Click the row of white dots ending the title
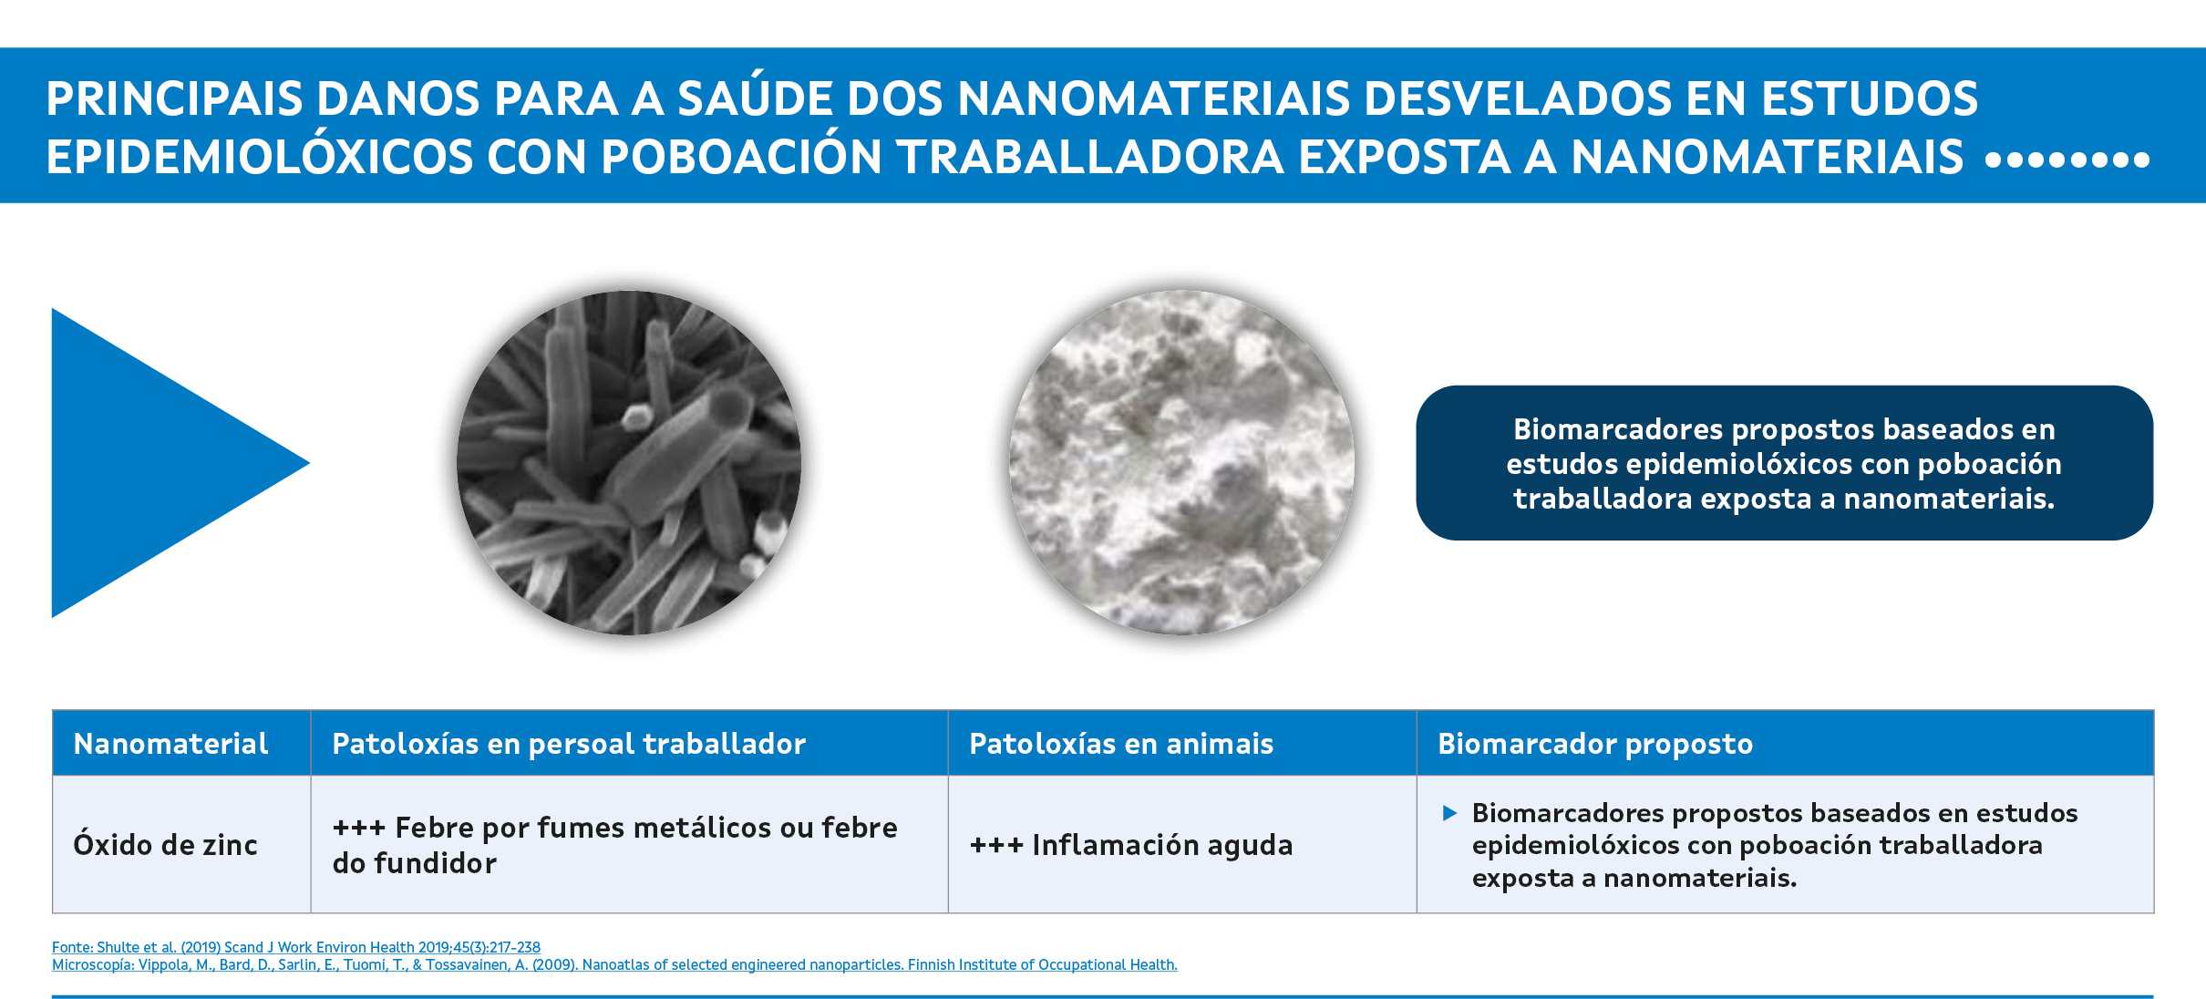coord(2067,160)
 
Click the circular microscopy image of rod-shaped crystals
coord(629,463)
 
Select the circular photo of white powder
coord(1181,463)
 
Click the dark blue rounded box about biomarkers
coord(1784,463)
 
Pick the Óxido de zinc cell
coord(181,844)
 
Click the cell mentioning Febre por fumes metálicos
coord(629,844)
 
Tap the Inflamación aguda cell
coord(1182,844)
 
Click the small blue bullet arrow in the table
coord(1449,813)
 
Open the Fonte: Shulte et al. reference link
coord(296,947)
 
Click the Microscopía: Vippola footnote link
coord(614,964)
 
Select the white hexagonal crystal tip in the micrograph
coord(634,417)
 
